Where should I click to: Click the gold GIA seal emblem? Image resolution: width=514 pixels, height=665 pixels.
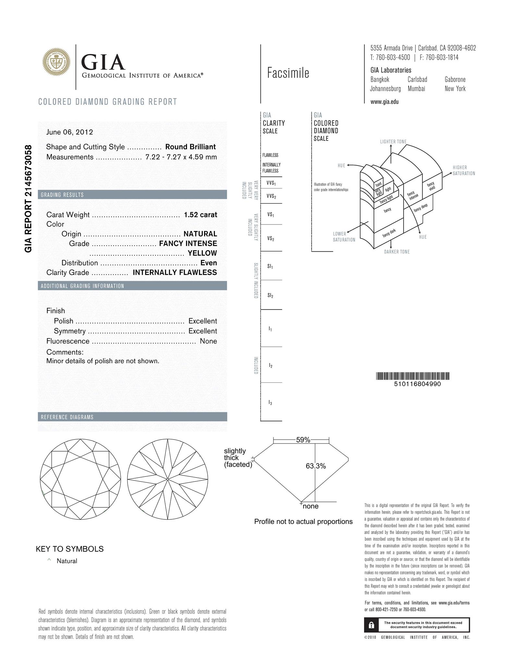pos(57,62)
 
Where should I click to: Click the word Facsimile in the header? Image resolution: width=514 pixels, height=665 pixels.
pos(288,73)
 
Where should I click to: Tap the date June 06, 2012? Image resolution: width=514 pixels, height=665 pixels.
pos(69,132)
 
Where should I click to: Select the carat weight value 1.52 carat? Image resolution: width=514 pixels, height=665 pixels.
pos(200,215)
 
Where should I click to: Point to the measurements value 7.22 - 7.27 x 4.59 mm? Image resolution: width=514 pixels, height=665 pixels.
pos(181,157)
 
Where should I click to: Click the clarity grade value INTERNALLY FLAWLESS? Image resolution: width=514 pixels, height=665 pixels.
pos(175,272)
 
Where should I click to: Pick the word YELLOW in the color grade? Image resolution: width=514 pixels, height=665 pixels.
pos(202,253)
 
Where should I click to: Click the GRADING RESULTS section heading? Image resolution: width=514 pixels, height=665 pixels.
pos(62,195)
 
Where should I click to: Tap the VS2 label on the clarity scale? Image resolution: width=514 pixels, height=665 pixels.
pos(271,239)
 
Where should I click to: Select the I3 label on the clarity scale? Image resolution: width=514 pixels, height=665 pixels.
pos(270,403)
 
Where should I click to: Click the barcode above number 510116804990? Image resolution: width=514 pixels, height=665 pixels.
pos(413,376)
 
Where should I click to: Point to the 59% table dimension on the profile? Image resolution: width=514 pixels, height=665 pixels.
pos(303,440)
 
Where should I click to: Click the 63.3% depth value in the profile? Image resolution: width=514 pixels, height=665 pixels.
pos(315,466)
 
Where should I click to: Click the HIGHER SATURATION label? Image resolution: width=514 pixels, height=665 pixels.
pos(464,170)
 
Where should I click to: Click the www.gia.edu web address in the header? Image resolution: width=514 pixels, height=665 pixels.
pos(385,102)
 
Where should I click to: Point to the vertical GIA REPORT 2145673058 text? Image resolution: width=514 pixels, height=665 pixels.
pos(29,199)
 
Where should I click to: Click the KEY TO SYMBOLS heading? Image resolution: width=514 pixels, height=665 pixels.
pos(69,549)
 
